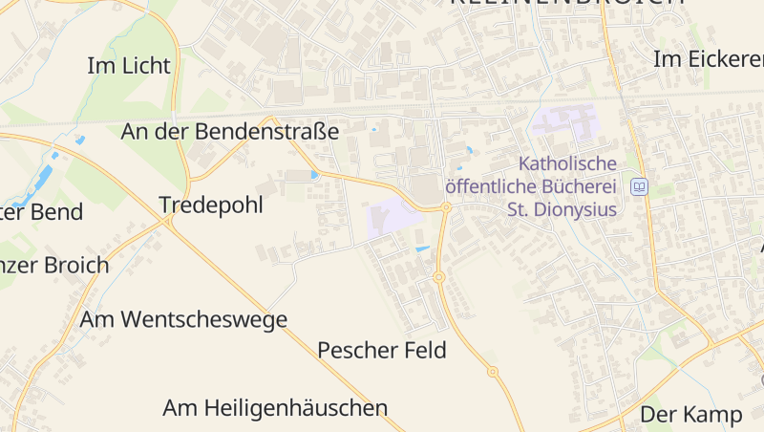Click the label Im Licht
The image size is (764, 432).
point(128,66)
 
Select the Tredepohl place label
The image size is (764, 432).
point(211,205)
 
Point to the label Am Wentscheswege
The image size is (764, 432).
point(183,319)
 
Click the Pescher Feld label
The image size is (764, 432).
point(382,350)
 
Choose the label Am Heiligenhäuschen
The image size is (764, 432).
point(275,408)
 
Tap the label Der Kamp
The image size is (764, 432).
point(690,414)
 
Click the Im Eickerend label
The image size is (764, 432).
point(708,59)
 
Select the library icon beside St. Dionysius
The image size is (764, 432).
point(640,186)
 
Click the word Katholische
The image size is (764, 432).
point(567,163)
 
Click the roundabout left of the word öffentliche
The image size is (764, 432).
point(446,206)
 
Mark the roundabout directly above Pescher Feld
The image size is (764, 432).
point(439,277)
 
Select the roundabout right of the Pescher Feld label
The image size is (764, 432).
point(493,371)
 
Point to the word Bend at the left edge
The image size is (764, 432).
point(57,212)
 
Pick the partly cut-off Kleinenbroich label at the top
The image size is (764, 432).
point(567,3)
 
